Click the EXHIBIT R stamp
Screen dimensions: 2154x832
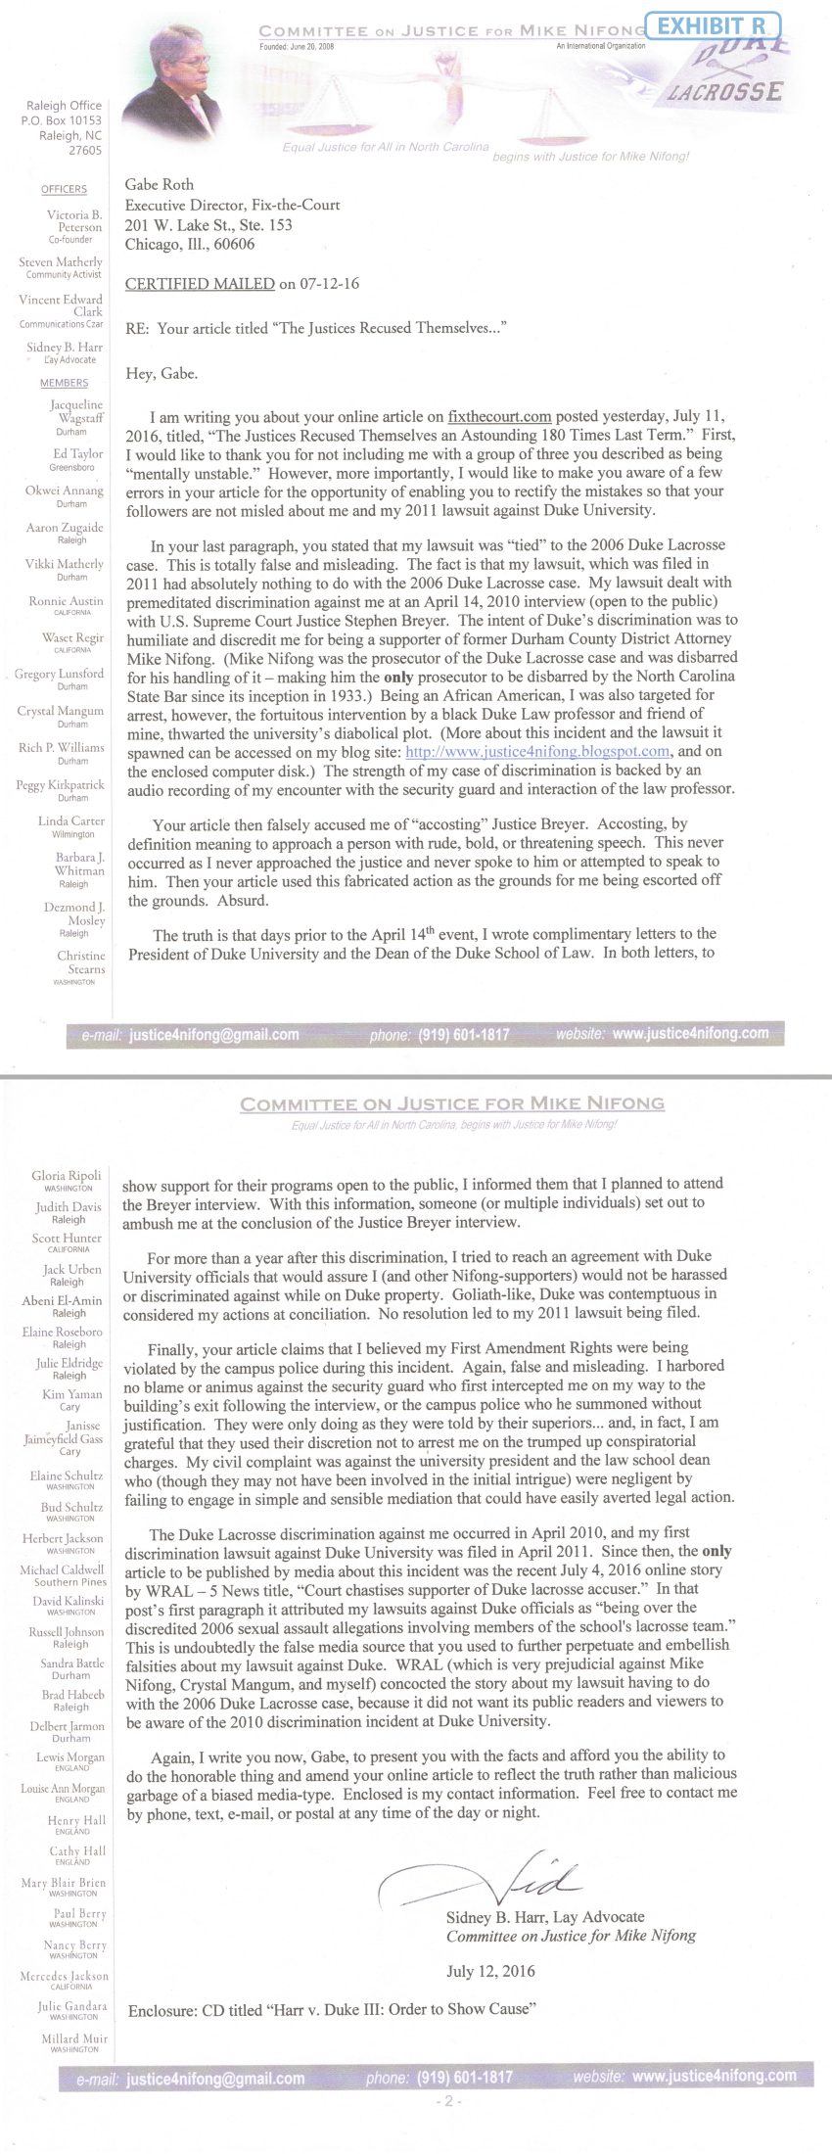click(717, 25)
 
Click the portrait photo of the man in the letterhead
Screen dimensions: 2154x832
click(186, 70)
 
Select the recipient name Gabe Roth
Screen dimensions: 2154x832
click(160, 184)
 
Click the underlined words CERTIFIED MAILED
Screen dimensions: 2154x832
click(200, 284)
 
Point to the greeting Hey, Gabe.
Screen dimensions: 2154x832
click(162, 373)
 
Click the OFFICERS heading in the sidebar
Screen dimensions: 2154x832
click(64, 189)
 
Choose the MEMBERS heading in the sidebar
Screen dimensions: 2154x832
click(64, 383)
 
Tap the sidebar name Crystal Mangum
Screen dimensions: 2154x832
click(61, 711)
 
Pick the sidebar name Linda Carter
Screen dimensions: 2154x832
click(71, 820)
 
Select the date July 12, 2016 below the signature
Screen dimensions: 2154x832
click(490, 1971)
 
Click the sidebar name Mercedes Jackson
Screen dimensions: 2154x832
click(65, 1976)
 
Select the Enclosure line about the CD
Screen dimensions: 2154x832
click(332, 2010)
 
